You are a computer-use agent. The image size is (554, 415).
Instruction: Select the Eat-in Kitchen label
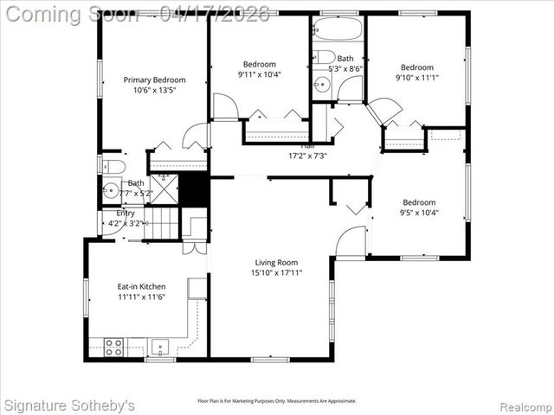click(x=142, y=286)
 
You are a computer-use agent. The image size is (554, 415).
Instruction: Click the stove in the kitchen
click(x=113, y=346)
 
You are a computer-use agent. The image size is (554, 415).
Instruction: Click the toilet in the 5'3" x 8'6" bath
click(x=325, y=57)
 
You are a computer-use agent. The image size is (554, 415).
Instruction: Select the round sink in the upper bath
click(x=321, y=84)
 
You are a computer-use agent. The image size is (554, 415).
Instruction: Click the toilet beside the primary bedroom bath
click(x=113, y=166)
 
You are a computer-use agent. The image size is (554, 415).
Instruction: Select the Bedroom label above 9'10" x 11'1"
click(x=416, y=67)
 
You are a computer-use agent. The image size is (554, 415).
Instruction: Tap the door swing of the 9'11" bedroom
click(x=225, y=107)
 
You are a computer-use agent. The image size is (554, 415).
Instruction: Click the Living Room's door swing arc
click(x=351, y=241)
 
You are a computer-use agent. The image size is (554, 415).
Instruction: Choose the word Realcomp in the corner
click(x=524, y=405)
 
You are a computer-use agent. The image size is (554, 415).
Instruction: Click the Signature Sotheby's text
click(x=69, y=405)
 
